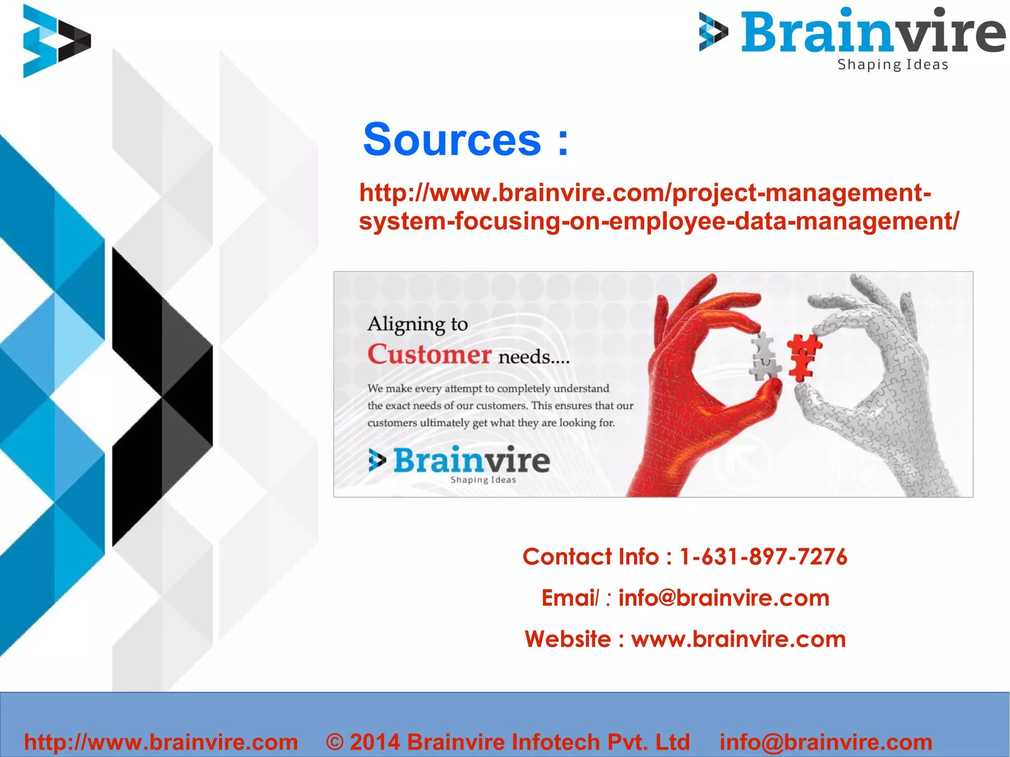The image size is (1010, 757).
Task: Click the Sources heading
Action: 466,140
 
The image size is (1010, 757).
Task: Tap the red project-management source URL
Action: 658,207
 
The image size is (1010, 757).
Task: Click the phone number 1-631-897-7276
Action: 763,557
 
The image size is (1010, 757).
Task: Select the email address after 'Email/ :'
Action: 724,598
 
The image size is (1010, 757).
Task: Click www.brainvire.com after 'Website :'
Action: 738,639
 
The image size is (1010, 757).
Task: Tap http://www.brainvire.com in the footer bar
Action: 161,742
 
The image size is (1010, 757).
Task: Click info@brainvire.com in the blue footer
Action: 826,742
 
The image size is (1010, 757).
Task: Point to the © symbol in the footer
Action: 335,742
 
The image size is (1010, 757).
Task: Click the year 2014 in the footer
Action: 375,742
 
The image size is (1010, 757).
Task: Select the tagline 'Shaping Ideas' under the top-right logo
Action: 893,65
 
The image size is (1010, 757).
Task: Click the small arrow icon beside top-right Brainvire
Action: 713,32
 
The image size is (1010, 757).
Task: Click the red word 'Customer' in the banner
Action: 429,355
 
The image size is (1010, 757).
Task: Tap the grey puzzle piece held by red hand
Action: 765,356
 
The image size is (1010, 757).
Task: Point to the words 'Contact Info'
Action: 590,557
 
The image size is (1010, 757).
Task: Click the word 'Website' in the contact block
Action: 568,639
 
